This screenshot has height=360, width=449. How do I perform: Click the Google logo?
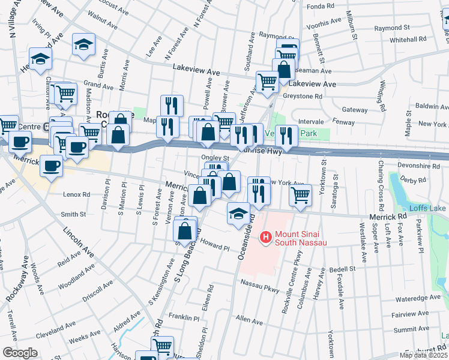[x=20, y=352]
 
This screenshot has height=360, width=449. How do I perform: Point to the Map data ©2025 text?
[x=423, y=355]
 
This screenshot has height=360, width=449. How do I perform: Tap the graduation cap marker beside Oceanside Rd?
[x=238, y=214]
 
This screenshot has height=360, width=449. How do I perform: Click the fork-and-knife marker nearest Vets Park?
[x=287, y=136]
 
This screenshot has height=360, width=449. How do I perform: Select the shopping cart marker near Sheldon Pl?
[x=162, y=347]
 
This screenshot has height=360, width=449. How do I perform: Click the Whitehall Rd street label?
[x=408, y=38]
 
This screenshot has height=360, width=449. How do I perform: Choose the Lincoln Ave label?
[x=79, y=241]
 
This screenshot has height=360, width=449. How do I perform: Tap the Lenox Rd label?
[x=76, y=194]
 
